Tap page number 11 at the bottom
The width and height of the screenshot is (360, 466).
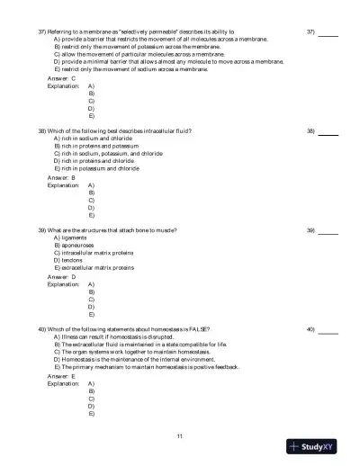pyautogui.click(x=180, y=435)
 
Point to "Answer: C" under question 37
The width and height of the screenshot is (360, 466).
pyautogui.click(x=61, y=78)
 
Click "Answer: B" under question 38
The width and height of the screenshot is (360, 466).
pyautogui.click(x=61, y=178)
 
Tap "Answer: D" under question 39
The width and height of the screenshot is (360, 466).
pyautogui.click(x=61, y=278)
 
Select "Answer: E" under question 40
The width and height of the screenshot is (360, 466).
pyautogui.click(x=61, y=377)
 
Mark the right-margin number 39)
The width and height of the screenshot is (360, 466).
pyautogui.click(x=310, y=231)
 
